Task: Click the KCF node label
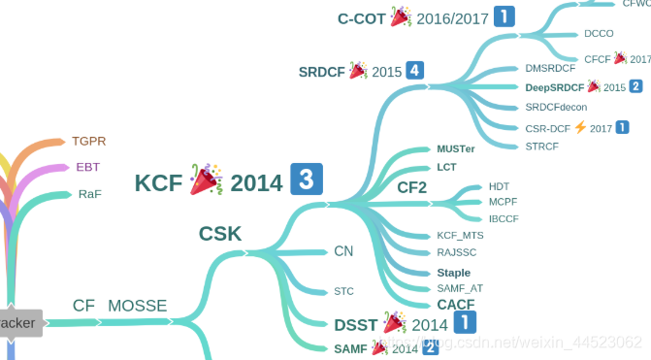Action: [159, 182]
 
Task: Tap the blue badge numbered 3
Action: [306, 180]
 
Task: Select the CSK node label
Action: [220, 233]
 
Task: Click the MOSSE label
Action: [137, 306]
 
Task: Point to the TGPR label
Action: [89, 141]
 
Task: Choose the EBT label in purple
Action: [88, 167]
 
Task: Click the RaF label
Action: [89, 194]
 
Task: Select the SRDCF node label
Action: [322, 72]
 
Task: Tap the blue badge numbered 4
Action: [415, 70]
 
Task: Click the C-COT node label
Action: [361, 17]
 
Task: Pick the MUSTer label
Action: [456, 149]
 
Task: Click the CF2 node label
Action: [411, 187]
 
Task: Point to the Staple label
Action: [453, 273]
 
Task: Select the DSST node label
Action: [356, 324]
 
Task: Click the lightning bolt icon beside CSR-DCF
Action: [580, 127]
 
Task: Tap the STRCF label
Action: [541, 147]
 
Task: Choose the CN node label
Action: [343, 251]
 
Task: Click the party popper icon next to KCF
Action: [206, 180]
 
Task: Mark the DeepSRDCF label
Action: [554, 87]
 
